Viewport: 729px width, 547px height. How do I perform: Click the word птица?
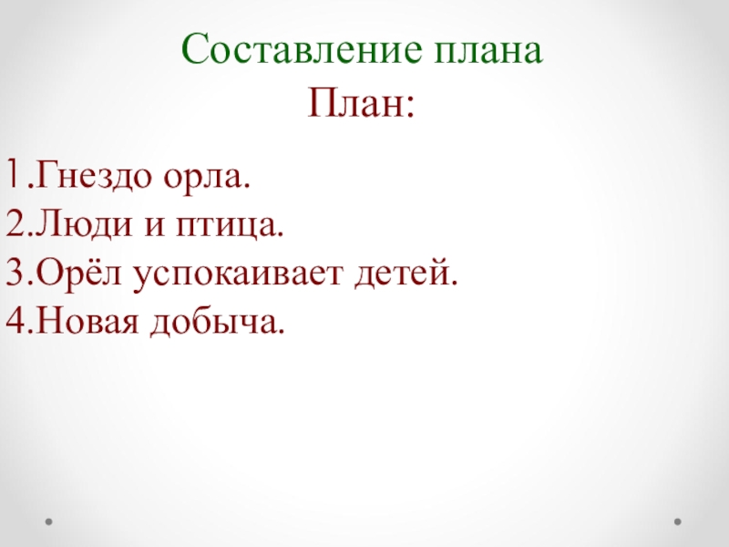[x=231, y=224]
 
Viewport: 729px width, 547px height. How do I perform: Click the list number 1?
[x=13, y=173]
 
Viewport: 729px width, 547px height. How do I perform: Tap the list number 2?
[x=13, y=223]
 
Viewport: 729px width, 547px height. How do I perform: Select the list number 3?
[x=13, y=273]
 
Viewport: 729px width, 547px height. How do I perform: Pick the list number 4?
[x=13, y=321]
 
